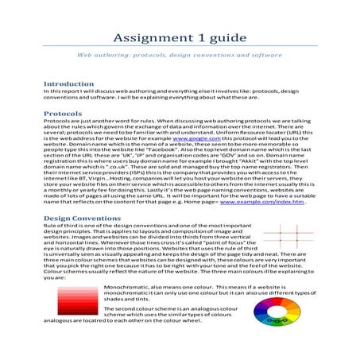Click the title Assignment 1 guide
coord(179,38)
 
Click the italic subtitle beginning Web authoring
coord(179,57)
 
